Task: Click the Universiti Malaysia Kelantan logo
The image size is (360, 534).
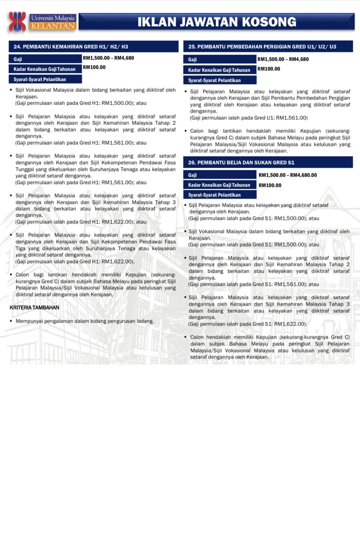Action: point(42,21)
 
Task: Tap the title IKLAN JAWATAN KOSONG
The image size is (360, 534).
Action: point(217,22)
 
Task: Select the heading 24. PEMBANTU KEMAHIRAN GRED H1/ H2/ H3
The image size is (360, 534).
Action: point(71,47)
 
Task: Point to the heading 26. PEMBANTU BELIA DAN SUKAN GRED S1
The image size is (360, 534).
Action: point(241,163)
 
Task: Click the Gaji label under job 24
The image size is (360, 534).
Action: point(18,59)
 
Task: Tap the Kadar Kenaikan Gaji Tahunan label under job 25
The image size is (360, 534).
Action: point(219,70)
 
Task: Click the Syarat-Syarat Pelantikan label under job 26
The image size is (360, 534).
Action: point(214,195)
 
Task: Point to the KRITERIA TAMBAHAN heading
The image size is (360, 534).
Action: point(35,308)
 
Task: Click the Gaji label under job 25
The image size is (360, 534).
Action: point(192,60)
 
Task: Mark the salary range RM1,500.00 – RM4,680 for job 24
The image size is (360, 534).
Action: point(108,58)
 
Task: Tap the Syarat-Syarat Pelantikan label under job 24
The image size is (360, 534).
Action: point(40,79)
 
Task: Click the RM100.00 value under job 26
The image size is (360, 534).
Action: point(270,185)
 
